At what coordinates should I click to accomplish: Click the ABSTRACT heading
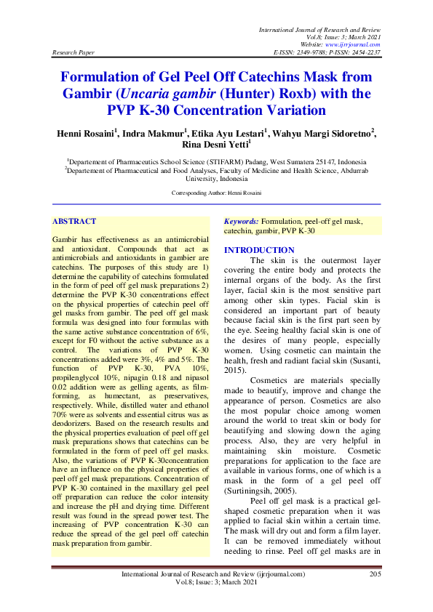coord(74,220)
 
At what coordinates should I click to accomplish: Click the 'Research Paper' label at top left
coord(73,53)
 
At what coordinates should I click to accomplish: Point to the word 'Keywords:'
coord(242,220)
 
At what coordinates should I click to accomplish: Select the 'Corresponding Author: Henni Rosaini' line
coord(216,193)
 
